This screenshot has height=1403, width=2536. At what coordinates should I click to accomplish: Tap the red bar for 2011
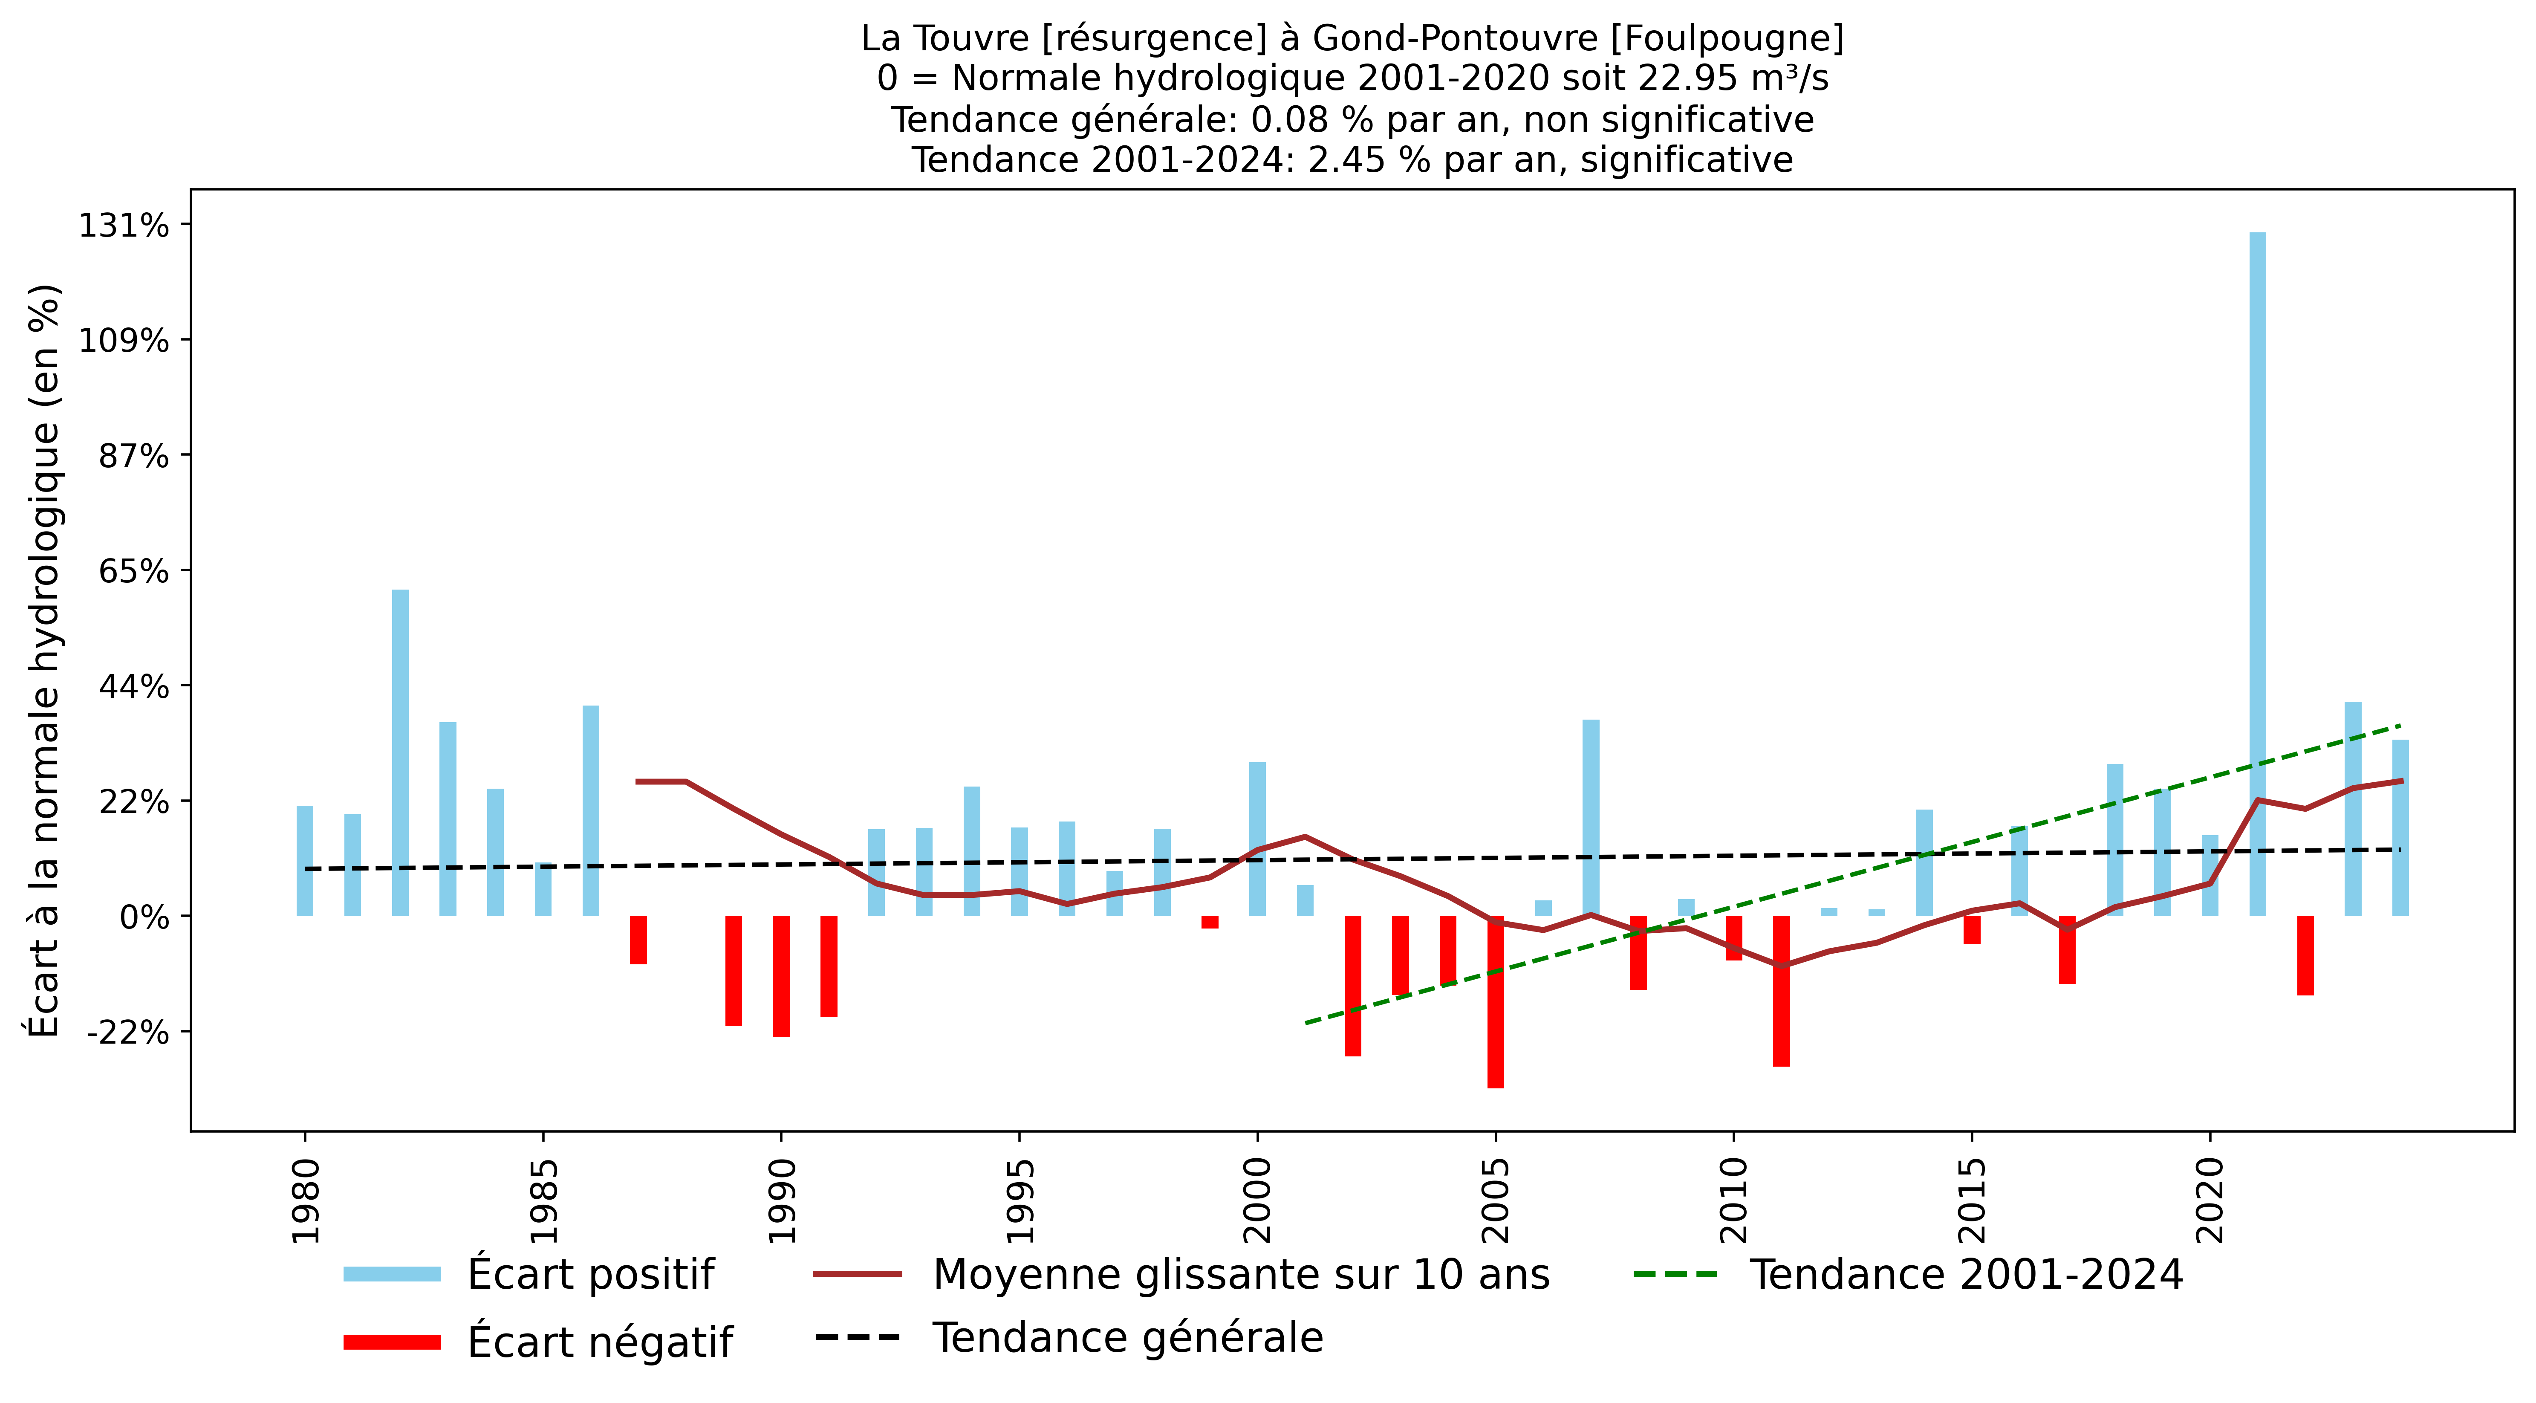click(x=1781, y=990)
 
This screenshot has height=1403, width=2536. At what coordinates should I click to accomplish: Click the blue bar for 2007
click(x=1591, y=817)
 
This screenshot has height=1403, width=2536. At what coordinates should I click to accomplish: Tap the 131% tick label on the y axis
click(x=124, y=226)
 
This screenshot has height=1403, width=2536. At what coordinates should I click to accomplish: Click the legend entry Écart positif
click(x=591, y=1274)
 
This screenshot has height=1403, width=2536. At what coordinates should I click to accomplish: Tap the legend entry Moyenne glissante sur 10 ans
click(x=1240, y=1274)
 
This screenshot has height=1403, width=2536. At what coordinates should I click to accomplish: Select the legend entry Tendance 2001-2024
click(x=1965, y=1274)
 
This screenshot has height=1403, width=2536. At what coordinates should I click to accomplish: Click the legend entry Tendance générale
click(x=1127, y=1337)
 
